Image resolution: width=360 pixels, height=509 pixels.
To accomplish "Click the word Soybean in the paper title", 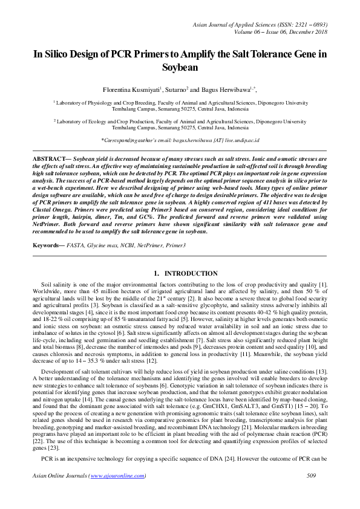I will coord(180,68).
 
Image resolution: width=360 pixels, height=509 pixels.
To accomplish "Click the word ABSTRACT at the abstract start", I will coord(49,158).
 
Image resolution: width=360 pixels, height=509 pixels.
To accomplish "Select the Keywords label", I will coord(48,246).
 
